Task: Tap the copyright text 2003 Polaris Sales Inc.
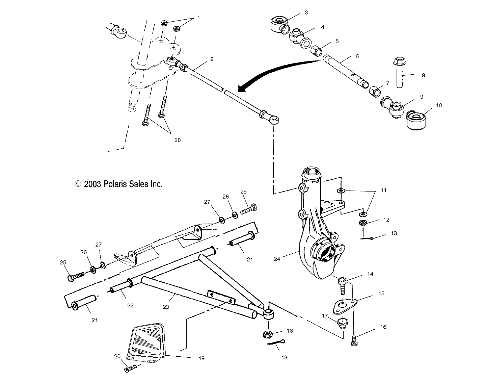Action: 118,184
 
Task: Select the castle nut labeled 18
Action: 267,335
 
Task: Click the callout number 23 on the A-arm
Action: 165,307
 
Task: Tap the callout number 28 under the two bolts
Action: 177,140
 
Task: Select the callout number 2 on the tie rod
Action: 212,59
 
